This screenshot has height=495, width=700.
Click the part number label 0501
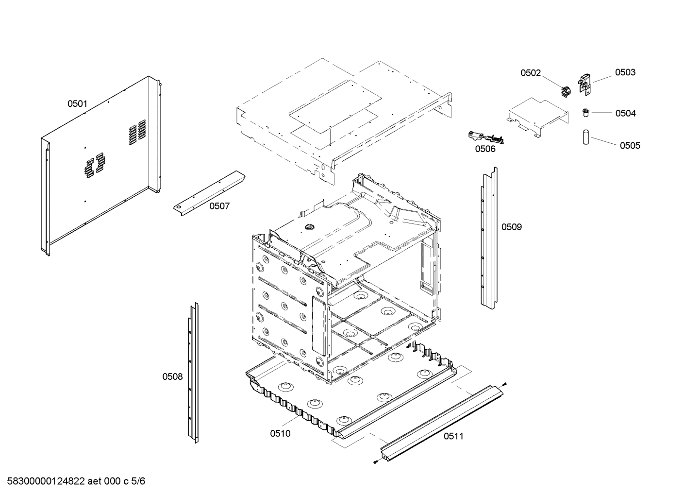(x=77, y=103)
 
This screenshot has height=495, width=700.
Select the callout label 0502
(x=531, y=73)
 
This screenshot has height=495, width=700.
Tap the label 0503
(x=625, y=72)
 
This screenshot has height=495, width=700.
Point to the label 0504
(x=625, y=113)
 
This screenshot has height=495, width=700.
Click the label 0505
(x=630, y=145)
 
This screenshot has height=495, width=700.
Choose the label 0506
(x=485, y=149)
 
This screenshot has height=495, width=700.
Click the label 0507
(x=219, y=206)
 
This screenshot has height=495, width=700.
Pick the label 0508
(x=172, y=376)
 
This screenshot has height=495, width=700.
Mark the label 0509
(x=512, y=227)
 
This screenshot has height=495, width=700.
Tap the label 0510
(x=280, y=433)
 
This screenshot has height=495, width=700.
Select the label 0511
(x=453, y=436)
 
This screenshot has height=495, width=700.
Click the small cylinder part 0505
(x=585, y=137)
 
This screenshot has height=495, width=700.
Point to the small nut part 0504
(x=585, y=113)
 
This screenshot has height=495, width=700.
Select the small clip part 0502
(x=564, y=91)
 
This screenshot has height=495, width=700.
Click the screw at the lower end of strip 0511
(x=376, y=462)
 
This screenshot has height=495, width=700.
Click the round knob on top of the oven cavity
(x=308, y=226)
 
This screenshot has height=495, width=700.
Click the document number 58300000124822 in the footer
(x=45, y=481)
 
